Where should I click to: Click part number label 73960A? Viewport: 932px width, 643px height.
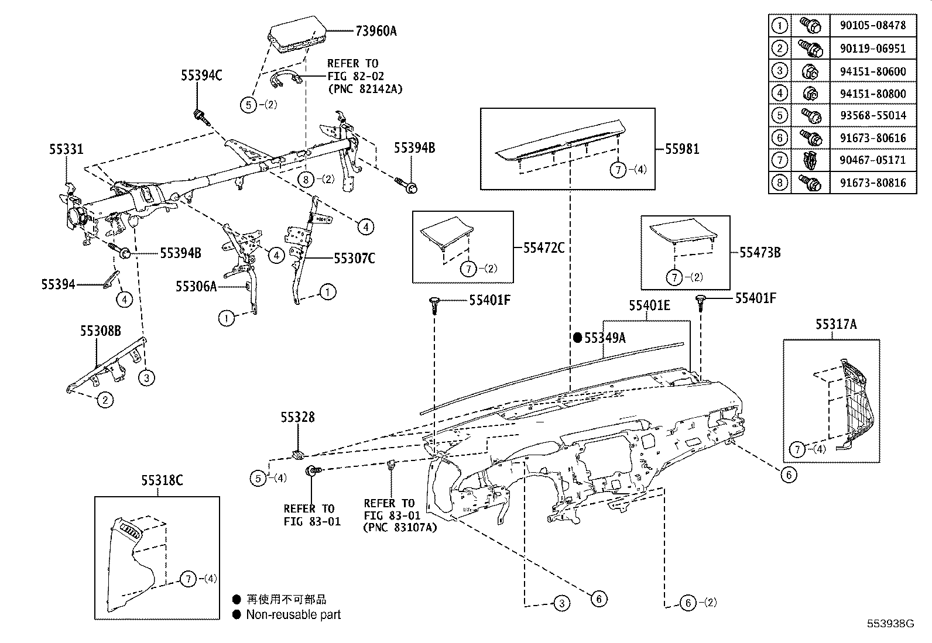point(375,31)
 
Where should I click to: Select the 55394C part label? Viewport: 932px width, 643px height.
point(201,75)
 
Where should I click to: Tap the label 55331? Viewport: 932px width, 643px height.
point(66,150)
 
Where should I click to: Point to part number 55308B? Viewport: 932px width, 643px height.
point(100,331)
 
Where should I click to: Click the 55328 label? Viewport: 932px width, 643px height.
point(297,417)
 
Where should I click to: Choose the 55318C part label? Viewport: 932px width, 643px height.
point(162,480)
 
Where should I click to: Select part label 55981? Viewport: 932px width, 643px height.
point(682,149)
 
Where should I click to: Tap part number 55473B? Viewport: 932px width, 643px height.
point(760,253)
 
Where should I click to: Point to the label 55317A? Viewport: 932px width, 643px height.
point(836,324)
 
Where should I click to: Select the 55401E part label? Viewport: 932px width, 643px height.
point(650,305)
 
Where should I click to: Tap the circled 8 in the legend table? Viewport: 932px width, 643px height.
point(779,183)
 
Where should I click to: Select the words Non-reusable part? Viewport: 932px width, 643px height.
point(293,614)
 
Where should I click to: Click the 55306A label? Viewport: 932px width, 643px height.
point(196,286)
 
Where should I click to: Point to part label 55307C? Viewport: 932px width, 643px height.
point(354,258)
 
